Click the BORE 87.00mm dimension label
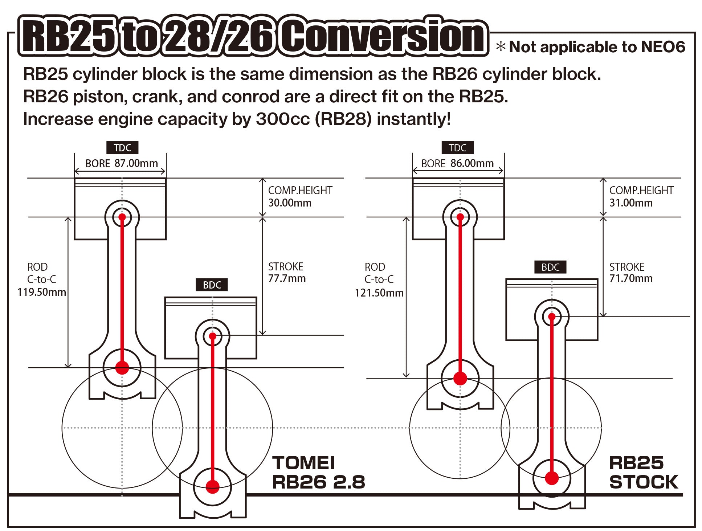pos(121,163)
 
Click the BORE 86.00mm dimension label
pos(457,163)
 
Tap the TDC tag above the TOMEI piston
pos(122,148)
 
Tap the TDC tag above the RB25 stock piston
pos(457,148)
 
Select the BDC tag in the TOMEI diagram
pos(212,285)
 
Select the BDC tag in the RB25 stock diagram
pos(550,267)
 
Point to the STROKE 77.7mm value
pos(287,279)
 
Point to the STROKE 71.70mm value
pos(631,278)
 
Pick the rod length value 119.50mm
pos(41,292)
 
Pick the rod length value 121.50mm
pos(379,293)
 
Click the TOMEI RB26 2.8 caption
pos(318,473)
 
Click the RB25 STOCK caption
pos(643,473)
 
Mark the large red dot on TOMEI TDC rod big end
pos(122,368)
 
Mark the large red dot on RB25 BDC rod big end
pos(552,478)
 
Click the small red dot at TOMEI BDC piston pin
pos(213,336)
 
